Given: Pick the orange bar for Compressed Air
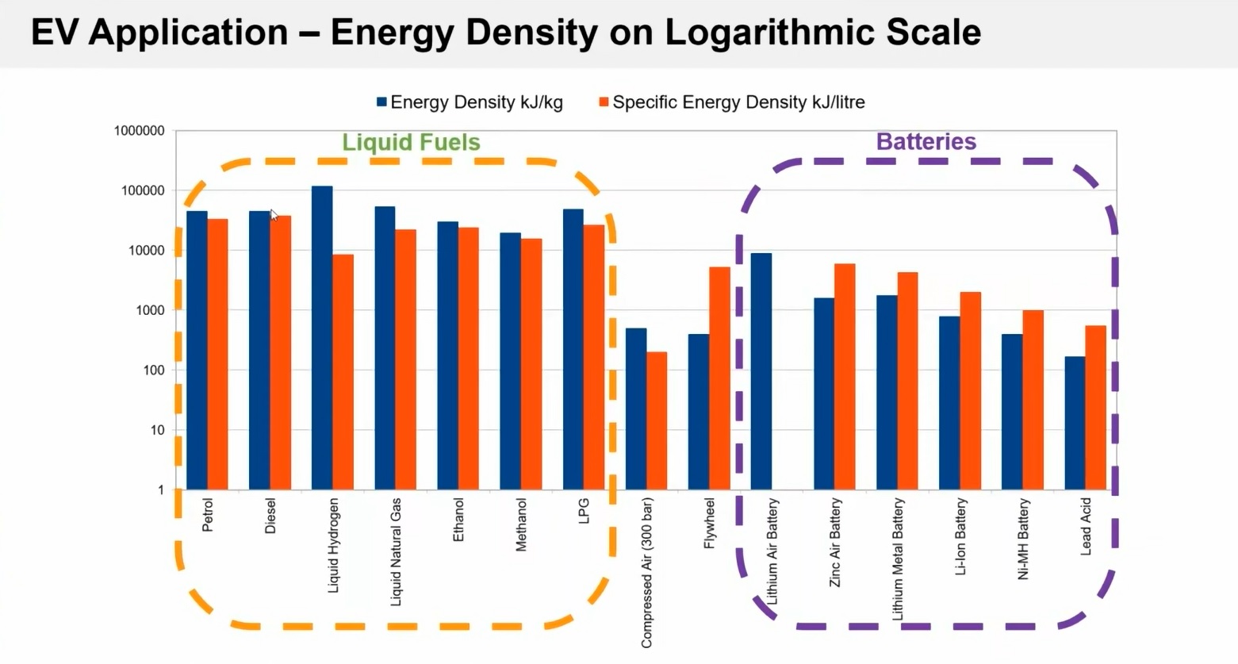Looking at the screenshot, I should tap(657, 420).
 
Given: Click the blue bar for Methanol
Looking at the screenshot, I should tap(510, 361).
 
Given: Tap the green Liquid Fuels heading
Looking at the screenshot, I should tap(411, 142).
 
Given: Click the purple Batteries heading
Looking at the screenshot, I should tap(926, 141).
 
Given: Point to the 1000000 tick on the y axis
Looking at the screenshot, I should tap(140, 131).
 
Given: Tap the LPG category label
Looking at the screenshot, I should tap(584, 511).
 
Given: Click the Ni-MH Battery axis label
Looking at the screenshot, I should tap(1023, 539).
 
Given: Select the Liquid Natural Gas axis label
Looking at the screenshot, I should tap(396, 551).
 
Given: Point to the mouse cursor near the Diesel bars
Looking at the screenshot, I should tap(274, 214).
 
